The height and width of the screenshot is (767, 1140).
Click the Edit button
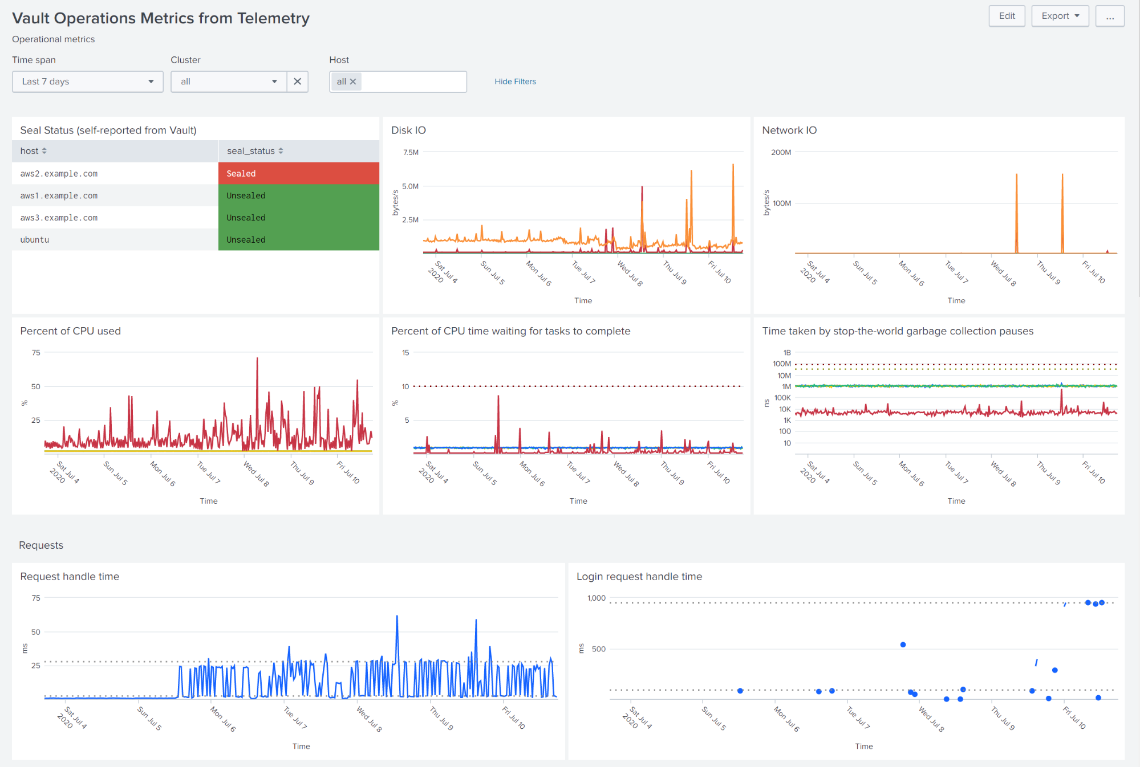pyautogui.click(x=1007, y=16)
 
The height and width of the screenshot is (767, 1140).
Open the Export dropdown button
pyautogui.click(x=1060, y=16)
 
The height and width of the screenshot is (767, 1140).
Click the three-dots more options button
pyautogui.click(x=1109, y=16)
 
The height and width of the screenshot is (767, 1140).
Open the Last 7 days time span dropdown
pyautogui.click(x=87, y=81)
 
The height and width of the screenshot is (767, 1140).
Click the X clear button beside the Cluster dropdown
pyautogui.click(x=297, y=81)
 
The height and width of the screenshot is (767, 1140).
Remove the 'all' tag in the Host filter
pyautogui.click(x=353, y=81)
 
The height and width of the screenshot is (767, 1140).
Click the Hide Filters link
pyautogui.click(x=515, y=81)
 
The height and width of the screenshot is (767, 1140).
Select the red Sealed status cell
pyautogui.click(x=298, y=173)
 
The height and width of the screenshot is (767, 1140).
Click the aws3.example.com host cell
pyautogui.click(x=59, y=218)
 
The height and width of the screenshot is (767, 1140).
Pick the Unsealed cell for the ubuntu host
pyautogui.click(x=298, y=240)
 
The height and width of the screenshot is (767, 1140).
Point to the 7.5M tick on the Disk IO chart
pyautogui.click(x=411, y=152)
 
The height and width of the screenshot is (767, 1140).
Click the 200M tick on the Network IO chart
pyautogui.click(x=781, y=152)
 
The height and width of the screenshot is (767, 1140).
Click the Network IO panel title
pyautogui.click(x=789, y=130)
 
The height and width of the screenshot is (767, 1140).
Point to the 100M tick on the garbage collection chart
pyautogui.click(x=781, y=364)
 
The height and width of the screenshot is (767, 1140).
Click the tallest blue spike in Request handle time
pyautogui.click(x=397, y=617)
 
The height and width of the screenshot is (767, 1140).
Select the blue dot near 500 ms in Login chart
pyautogui.click(x=903, y=644)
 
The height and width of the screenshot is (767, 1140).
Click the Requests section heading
pyautogui.click(x=41, y=545)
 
